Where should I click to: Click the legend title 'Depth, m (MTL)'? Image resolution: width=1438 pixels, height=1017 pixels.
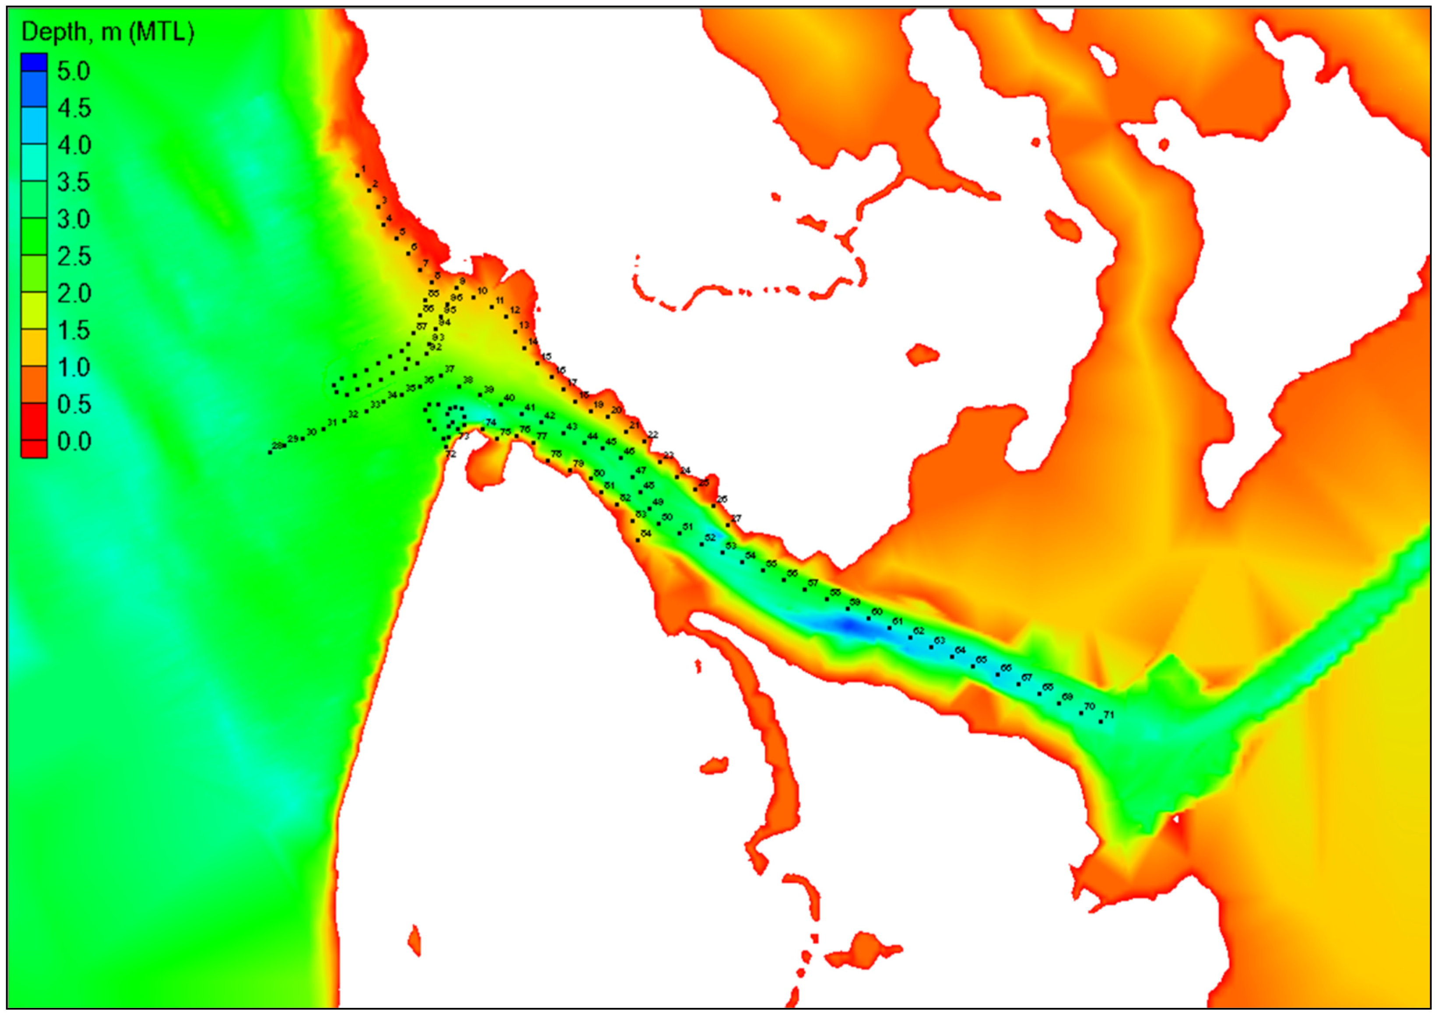pyautogui.click(x=107, y=32)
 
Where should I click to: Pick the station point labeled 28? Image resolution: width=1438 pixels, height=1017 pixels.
pyautogui.click(x=270, y=452)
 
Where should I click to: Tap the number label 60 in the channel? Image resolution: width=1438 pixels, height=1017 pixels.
pyautogui.click(x=877, y=612)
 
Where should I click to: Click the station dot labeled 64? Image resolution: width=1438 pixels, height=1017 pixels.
pyautogui.click(x=952, y=657)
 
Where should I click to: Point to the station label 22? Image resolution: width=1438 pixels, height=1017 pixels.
pyautogui.click(x=653, y=434)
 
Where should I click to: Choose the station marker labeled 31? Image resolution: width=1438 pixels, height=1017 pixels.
pyautogui.click(x=324, y=429)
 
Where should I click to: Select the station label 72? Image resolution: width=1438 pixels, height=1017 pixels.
pyautogui.click(x=451, y=454)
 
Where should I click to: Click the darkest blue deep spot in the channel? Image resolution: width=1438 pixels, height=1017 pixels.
pyautogui.click(x=849, y=625)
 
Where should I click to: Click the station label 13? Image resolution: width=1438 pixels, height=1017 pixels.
pyautogui.click(x=524, y=324)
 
